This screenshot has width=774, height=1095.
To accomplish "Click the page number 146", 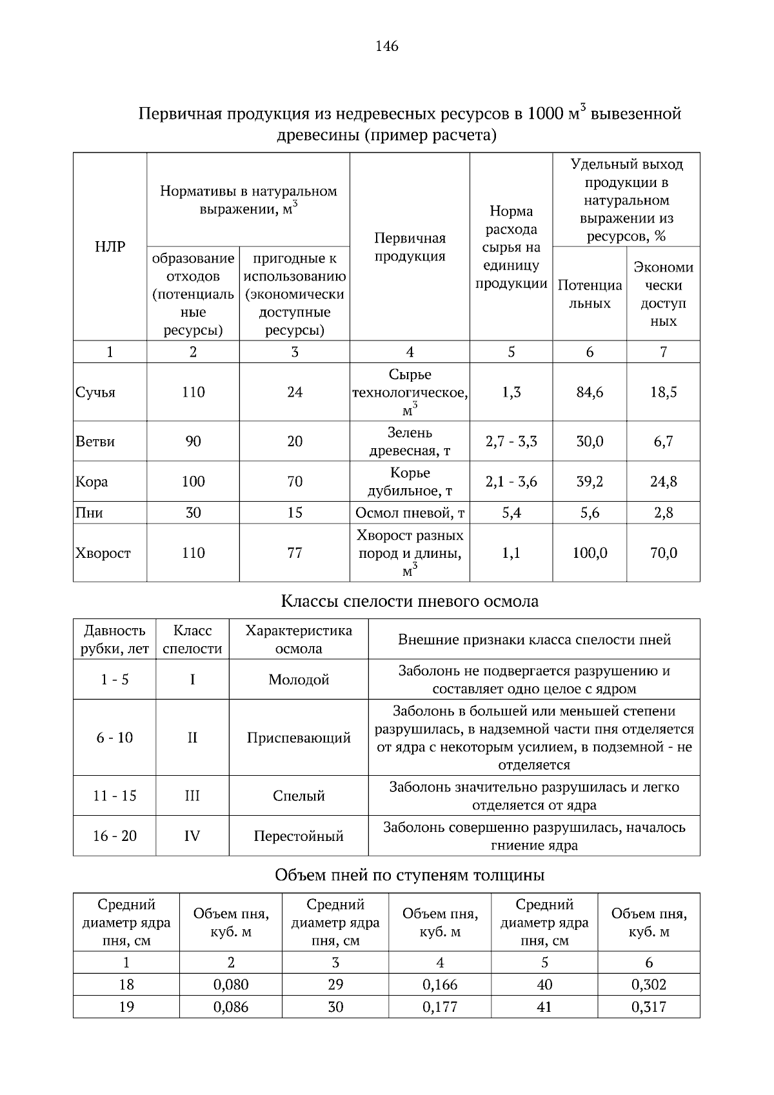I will tap(387, 46).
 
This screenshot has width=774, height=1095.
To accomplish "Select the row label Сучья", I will tap(95, 392).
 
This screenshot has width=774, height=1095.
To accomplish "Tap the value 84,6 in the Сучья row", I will tap(590, 392).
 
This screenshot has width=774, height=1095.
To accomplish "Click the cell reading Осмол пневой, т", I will tap(410, 513).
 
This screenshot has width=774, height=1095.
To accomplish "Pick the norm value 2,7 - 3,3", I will tap(511, 442).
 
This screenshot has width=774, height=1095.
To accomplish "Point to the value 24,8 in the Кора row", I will tap(663, 482).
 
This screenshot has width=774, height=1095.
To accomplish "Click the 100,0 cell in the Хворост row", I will tap(590, 553).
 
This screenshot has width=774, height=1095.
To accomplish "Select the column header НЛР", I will tap(110, 246).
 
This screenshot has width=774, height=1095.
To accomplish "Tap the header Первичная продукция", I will tap(410, 247).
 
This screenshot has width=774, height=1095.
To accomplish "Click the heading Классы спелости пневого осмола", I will tap(410, 602).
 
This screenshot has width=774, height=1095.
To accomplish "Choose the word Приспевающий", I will tap(299, 738).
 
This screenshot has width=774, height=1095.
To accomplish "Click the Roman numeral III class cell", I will tap(192, 796).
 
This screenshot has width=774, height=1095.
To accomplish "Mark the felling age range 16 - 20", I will tap(115, 836).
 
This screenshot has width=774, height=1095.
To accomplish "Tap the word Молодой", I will tap(299, 680).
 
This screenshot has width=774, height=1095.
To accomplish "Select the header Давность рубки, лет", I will tap(115, 639).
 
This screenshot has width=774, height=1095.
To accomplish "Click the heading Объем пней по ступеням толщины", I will tap(410, 875).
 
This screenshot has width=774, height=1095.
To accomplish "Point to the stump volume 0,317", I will tap(649, 1007).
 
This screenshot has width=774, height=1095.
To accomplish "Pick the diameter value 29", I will tap(335, 985).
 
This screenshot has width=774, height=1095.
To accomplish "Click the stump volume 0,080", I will tap(231, 985).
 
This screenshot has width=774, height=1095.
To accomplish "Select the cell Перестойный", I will tap(299, 836).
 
